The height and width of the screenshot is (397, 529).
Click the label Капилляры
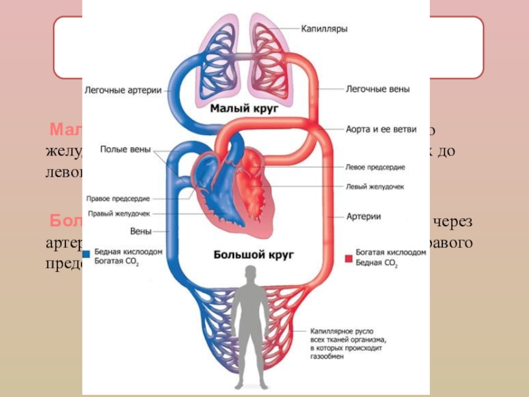[325, 30]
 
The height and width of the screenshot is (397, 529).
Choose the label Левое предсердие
[375, 167]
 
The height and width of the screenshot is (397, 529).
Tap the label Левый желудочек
[375, 187]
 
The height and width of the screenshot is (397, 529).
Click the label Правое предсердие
[118, 198]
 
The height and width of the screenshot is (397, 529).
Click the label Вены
[141, 231]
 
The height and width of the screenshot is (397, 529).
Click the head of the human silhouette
[250, 271]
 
